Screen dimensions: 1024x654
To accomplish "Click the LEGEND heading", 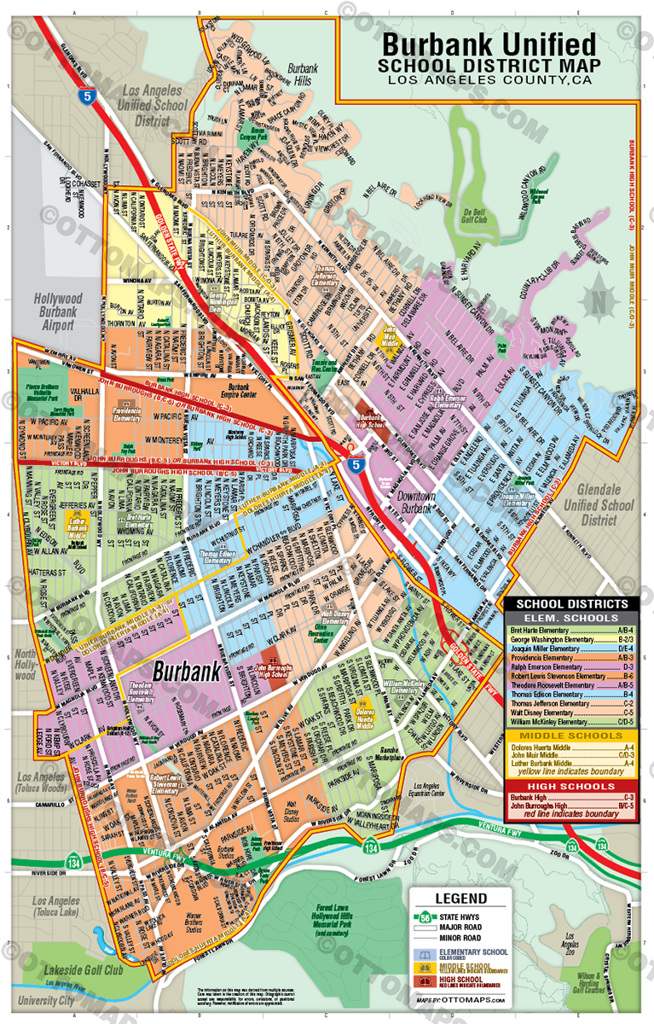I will (461, 899).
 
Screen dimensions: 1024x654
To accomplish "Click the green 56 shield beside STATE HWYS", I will (425, 917).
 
